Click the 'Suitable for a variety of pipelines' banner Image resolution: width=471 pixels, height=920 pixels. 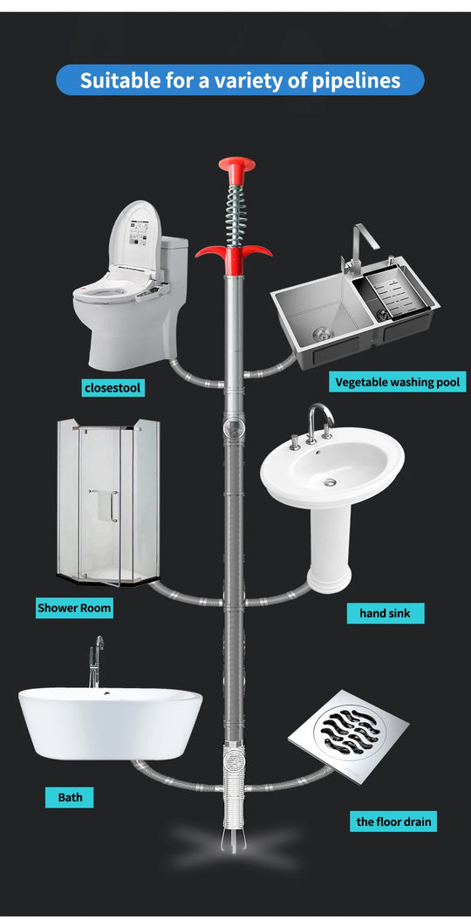click(x=240, y=80)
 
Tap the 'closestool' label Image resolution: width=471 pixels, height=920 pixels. click(x=113, y=386)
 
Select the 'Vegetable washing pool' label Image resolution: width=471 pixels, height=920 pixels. click(x=397, y=382)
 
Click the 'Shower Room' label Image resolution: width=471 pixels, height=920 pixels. click(x=74, y=607)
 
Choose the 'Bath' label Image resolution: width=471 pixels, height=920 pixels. click(x=70, y=797)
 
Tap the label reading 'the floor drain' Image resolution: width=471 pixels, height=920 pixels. click(x=393, y=821)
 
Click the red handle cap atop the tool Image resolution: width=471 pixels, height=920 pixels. click(x=231, y=166)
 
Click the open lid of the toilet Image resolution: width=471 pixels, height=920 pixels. click(x=137, y=235)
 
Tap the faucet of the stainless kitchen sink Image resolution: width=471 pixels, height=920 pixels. click(x=360, y=249)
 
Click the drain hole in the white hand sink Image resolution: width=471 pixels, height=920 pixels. click(x=331, y=480)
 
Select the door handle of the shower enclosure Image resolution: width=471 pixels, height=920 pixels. click(x=114, y=506)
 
